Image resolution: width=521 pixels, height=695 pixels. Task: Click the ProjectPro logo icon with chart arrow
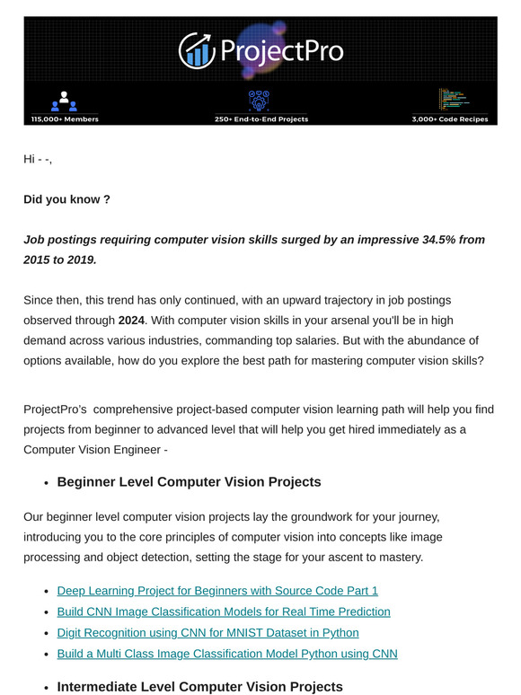coord(195,50)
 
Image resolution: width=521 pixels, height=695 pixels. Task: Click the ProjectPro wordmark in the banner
coord(281,50)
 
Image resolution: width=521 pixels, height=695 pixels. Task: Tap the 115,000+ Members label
coord(64,119)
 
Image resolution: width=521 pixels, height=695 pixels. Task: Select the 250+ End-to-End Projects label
coord(261,119)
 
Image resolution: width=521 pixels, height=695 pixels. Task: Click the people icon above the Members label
coord(64,101)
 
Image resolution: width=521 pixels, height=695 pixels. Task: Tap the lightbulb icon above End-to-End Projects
coord(260,100)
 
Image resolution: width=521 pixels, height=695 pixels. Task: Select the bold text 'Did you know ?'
coord(66,199)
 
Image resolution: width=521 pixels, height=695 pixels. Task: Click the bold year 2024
coord(134,321)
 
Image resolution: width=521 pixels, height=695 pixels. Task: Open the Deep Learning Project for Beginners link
coord(217,590)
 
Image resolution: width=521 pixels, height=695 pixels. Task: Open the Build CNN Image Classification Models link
coord(224,611)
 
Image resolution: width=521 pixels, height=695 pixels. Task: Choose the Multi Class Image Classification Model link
coord(227,654)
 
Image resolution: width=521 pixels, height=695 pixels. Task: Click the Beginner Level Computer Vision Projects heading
coord(189,482)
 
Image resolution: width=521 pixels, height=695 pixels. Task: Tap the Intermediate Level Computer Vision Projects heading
coord(199,687)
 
